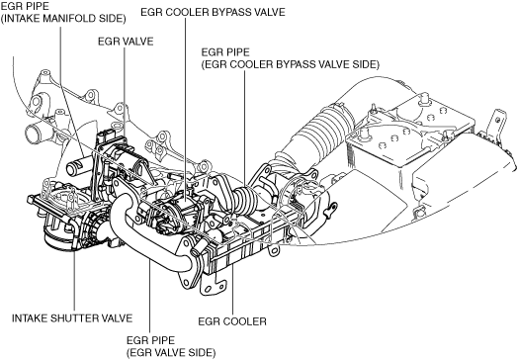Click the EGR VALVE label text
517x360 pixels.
pyautogui.click(x=126, y=42)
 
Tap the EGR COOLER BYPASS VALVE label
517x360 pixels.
pyautogui.click(x=213, y=12)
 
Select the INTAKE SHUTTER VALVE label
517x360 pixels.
pyautogui.click(x=72, y=318)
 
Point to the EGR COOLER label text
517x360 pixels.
pyautogui.click(x=232, y=321)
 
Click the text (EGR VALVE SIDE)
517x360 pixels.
pyautogui.click(x=171, y=353)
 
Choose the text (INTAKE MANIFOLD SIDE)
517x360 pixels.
pyautogui.click(x=63, y=19)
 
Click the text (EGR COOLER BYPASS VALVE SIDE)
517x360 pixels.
pyautogui.click(x=291, y=64)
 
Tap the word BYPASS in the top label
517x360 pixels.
pyautogui.click(x=232, y=12)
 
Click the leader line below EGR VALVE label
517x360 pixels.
pyautogui.click(x=125, y=93)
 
